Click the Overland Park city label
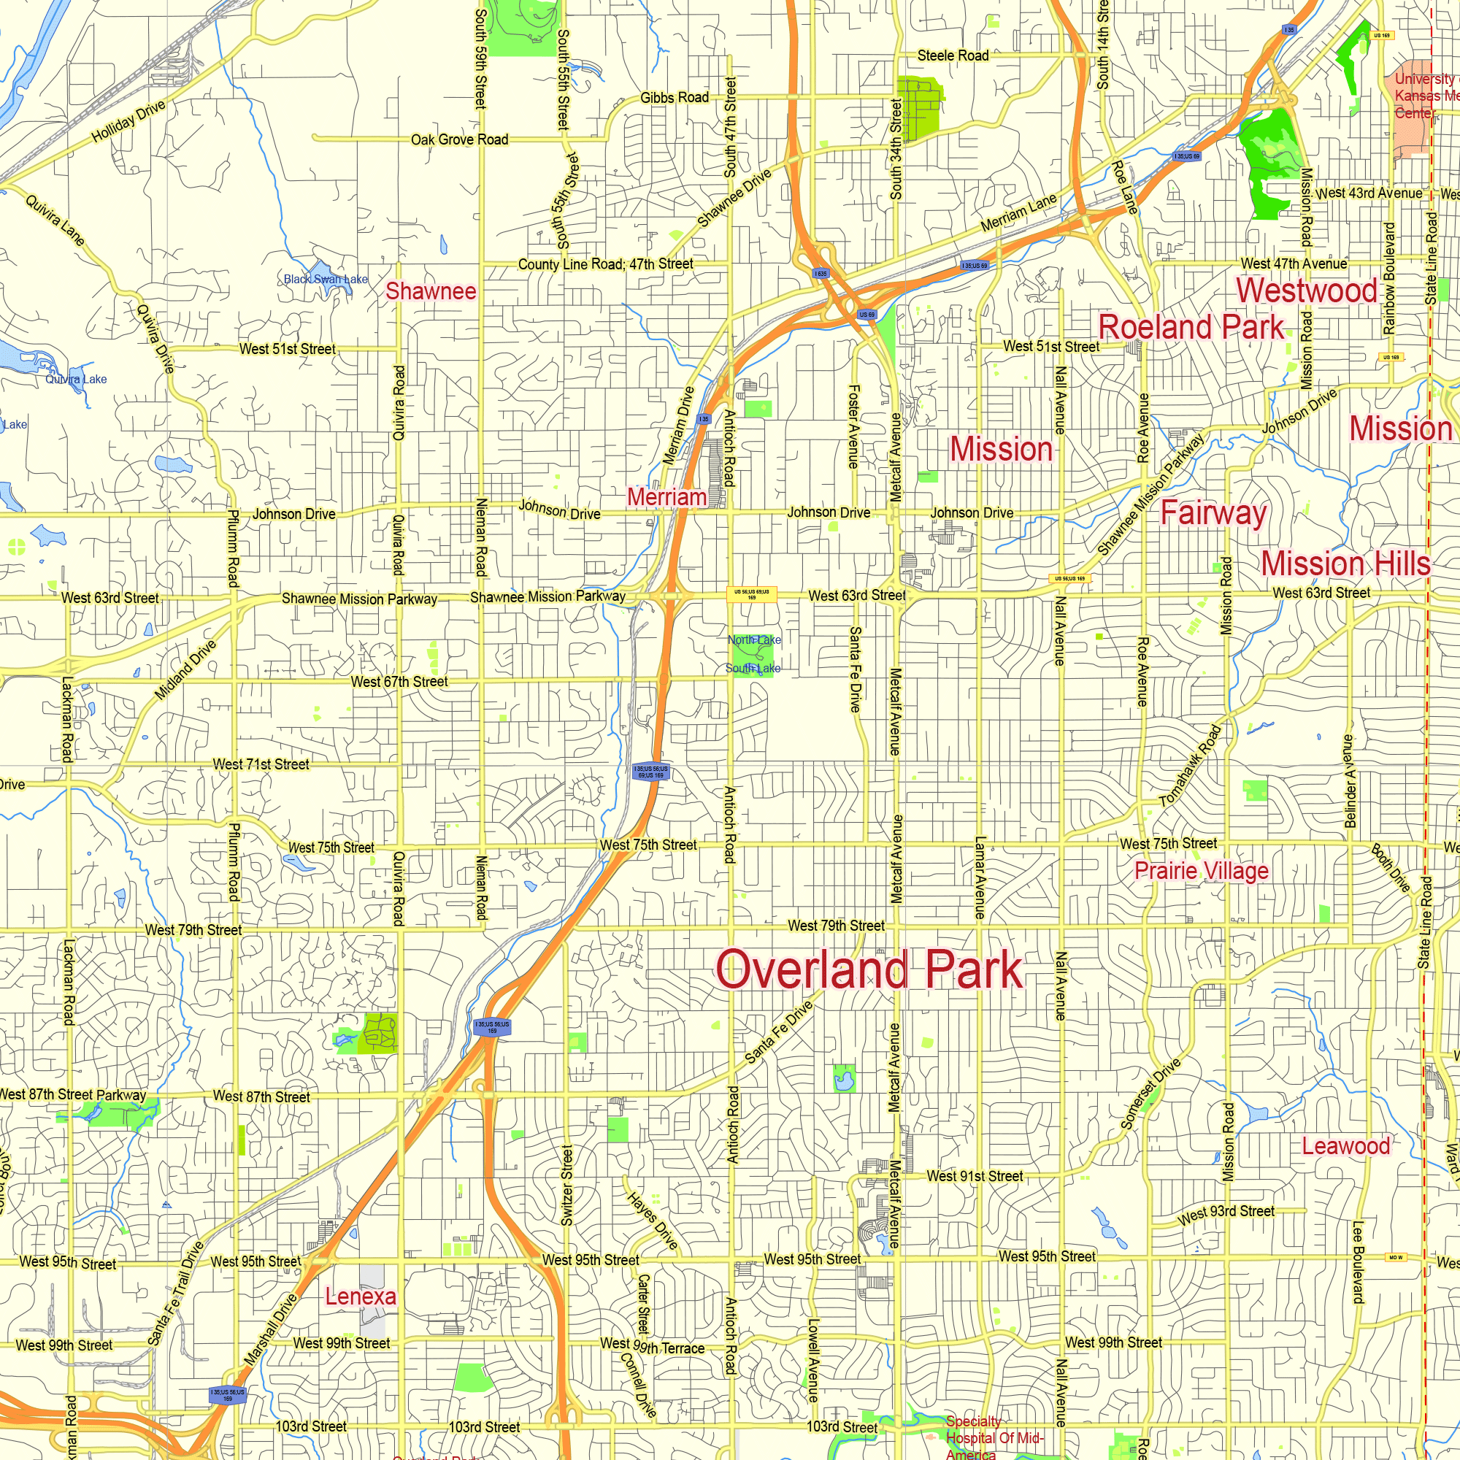pos(869,969)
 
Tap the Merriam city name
pos(666,497)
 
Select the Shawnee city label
pos(431,291)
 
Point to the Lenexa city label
pos(361,1296)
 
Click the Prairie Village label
pos(1202,871)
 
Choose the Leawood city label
pos(1345,1145)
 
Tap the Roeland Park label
pos(1191,327)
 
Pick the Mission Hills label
pos(1345,564)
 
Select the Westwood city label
pos(1307,291)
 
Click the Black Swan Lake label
pos(326,279)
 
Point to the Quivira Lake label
pos(77,380)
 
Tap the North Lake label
pos(754,640)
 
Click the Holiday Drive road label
pos(128,122)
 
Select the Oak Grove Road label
pos(459,140)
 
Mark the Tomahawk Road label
pos(1189,766)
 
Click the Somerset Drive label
pos(1150,1094)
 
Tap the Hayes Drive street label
pos(652,1221)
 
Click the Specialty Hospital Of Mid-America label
pos(992,1438)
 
